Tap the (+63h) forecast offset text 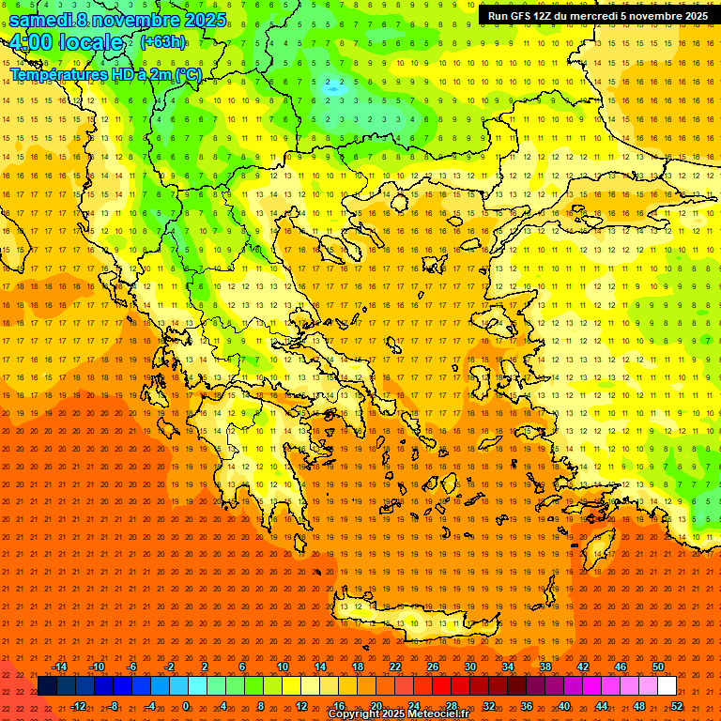point(162,41)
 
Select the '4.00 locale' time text point(66,43)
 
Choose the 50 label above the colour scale point(658,667)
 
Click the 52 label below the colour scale point(677,706)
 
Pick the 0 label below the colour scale point(186,706)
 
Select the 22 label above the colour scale point(395,667)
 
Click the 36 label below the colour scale point(527,706)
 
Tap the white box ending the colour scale point(667,686)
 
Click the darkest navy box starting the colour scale point(47,686)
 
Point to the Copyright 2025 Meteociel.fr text point(398,714)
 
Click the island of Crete point(404,620)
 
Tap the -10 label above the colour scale point(96,667)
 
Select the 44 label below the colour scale point(602,706)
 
